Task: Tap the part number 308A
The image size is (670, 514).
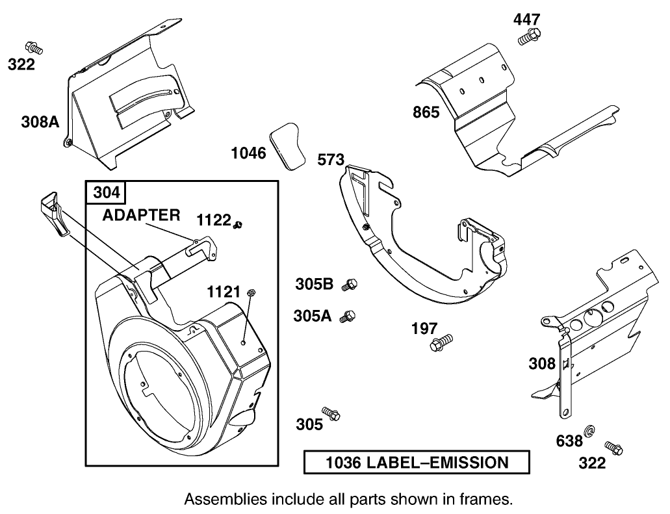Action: click(40, 121)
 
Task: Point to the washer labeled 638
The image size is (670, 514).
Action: click(591, 432)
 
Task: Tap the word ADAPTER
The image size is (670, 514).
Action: click(140, 215)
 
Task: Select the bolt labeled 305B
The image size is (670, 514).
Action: click(352, 284)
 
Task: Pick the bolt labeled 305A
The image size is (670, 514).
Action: click(350, 316)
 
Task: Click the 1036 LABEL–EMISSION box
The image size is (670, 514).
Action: click(417, 463)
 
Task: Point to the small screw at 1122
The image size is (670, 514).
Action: click(238, 224)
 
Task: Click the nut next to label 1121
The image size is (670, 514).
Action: click(251, 294)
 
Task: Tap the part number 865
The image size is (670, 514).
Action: click(426, 112)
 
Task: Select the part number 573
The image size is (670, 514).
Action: click(331, 160)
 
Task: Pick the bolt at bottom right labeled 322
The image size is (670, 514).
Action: click(613, 448)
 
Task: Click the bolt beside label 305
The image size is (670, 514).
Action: click(333, 414)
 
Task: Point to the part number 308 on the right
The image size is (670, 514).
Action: click(542, 364)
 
